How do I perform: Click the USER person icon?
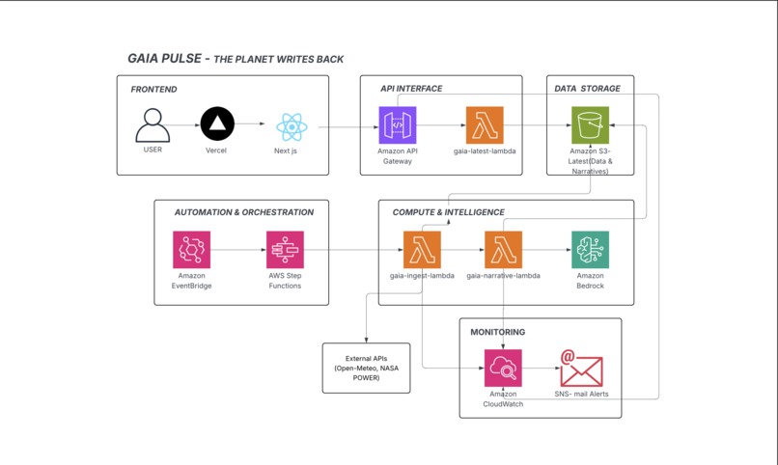coord(153,125)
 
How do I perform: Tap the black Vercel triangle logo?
coord(217,124)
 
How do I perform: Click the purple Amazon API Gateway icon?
coord(397,125)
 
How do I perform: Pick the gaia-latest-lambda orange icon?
coord(485,125)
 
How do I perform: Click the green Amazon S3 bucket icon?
coord(589,125)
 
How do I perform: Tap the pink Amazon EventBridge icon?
coord(191,250)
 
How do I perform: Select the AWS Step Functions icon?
coord(285,250)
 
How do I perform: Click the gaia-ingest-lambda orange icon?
coord(422,250)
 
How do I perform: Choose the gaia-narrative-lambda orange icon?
coord(503,250)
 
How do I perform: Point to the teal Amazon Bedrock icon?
coord(590,250)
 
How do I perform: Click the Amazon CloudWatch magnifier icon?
coord(503,369)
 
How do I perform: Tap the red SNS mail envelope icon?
coord(581,369)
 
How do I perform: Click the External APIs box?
coord(366,368)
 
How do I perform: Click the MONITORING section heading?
coord(498,332)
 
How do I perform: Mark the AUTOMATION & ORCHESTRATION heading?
coord(243,212)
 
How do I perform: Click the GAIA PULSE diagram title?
coord(236,59)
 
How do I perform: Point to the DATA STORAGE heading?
coord(587,89)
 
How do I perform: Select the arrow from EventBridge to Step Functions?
coord(237,250)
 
